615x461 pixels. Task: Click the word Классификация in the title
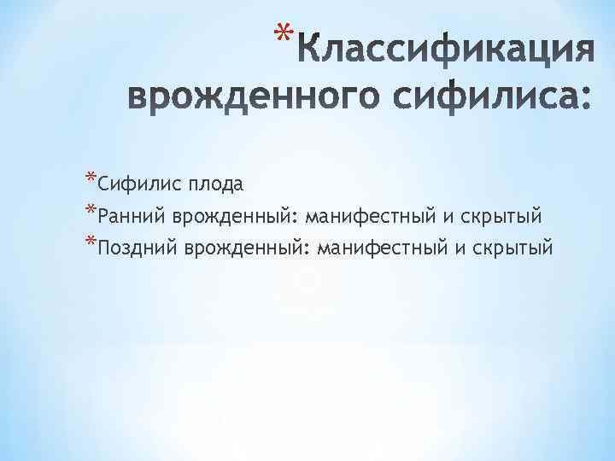[x=445, y=53]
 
